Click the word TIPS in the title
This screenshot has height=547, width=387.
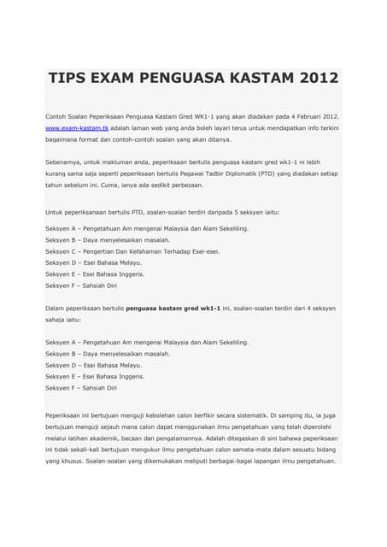pyautogui.click(x=71, y=79)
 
